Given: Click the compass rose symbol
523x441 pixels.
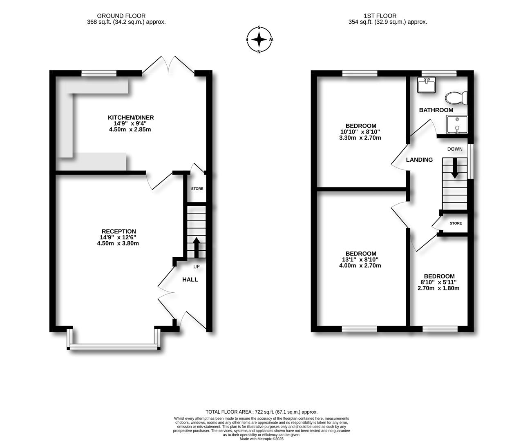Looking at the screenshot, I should [259, 40].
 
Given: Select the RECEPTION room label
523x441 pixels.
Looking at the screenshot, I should [118, 232].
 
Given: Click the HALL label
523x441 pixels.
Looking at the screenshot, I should [190, 280].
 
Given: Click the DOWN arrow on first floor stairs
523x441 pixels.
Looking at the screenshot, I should [454, 168].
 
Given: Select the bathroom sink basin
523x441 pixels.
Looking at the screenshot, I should [427, 85].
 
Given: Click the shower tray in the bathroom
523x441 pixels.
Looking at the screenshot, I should [457, 125].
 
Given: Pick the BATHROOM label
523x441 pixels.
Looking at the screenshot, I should [436, 110].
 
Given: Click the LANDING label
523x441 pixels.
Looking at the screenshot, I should [419, 160].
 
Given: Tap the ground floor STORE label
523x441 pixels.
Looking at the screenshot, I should [197, 189].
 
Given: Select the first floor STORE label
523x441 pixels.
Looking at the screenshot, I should [456, 223].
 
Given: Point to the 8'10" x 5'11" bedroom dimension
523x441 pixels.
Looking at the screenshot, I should [438, 282].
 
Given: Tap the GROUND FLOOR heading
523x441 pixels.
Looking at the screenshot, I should [126, 16].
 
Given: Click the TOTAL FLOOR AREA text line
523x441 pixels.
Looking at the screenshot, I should [261, 412].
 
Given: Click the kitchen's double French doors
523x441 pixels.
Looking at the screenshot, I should [168, 65].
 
